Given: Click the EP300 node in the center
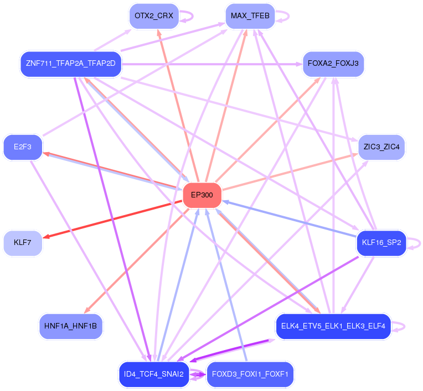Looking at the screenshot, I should coord(202,195).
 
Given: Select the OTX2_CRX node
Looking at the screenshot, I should coord(153,16).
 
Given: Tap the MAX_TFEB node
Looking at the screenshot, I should coord(250,16).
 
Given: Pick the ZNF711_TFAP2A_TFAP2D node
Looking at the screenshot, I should coord(70,64).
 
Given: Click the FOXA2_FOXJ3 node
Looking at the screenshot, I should coord(333,64).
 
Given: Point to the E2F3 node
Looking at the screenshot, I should coord(23,147).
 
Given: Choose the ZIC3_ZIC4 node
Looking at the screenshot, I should coord(382,147).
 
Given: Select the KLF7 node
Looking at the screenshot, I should coord(23,243).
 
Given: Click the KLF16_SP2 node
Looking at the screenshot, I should coord(382,243).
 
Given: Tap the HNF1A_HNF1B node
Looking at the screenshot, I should coord(70,326).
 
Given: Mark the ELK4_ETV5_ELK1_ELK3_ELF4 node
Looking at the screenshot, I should coord(333,326).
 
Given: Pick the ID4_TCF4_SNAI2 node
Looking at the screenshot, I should coord(153,374).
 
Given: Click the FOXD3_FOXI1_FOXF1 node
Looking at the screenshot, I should coord(250,374).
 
